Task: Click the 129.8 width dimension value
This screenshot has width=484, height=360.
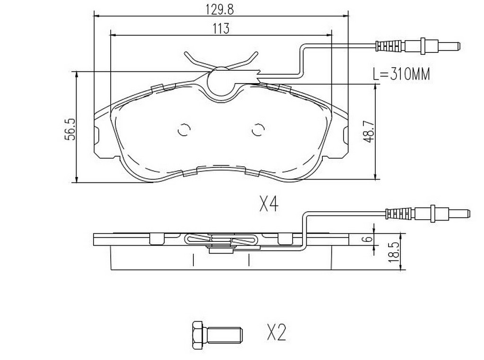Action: (x=219, y=9)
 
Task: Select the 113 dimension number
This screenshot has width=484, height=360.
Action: (x=221, y=29)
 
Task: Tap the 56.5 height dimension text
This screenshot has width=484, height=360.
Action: (x=71, y=129)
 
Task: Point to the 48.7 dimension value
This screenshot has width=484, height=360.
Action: (x=369, y=131)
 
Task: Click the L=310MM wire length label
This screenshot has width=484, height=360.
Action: (x=401, y=74)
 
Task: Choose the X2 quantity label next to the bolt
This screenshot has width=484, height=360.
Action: (x=276, y=333)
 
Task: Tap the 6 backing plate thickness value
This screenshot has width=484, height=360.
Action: (x=367, y=239)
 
